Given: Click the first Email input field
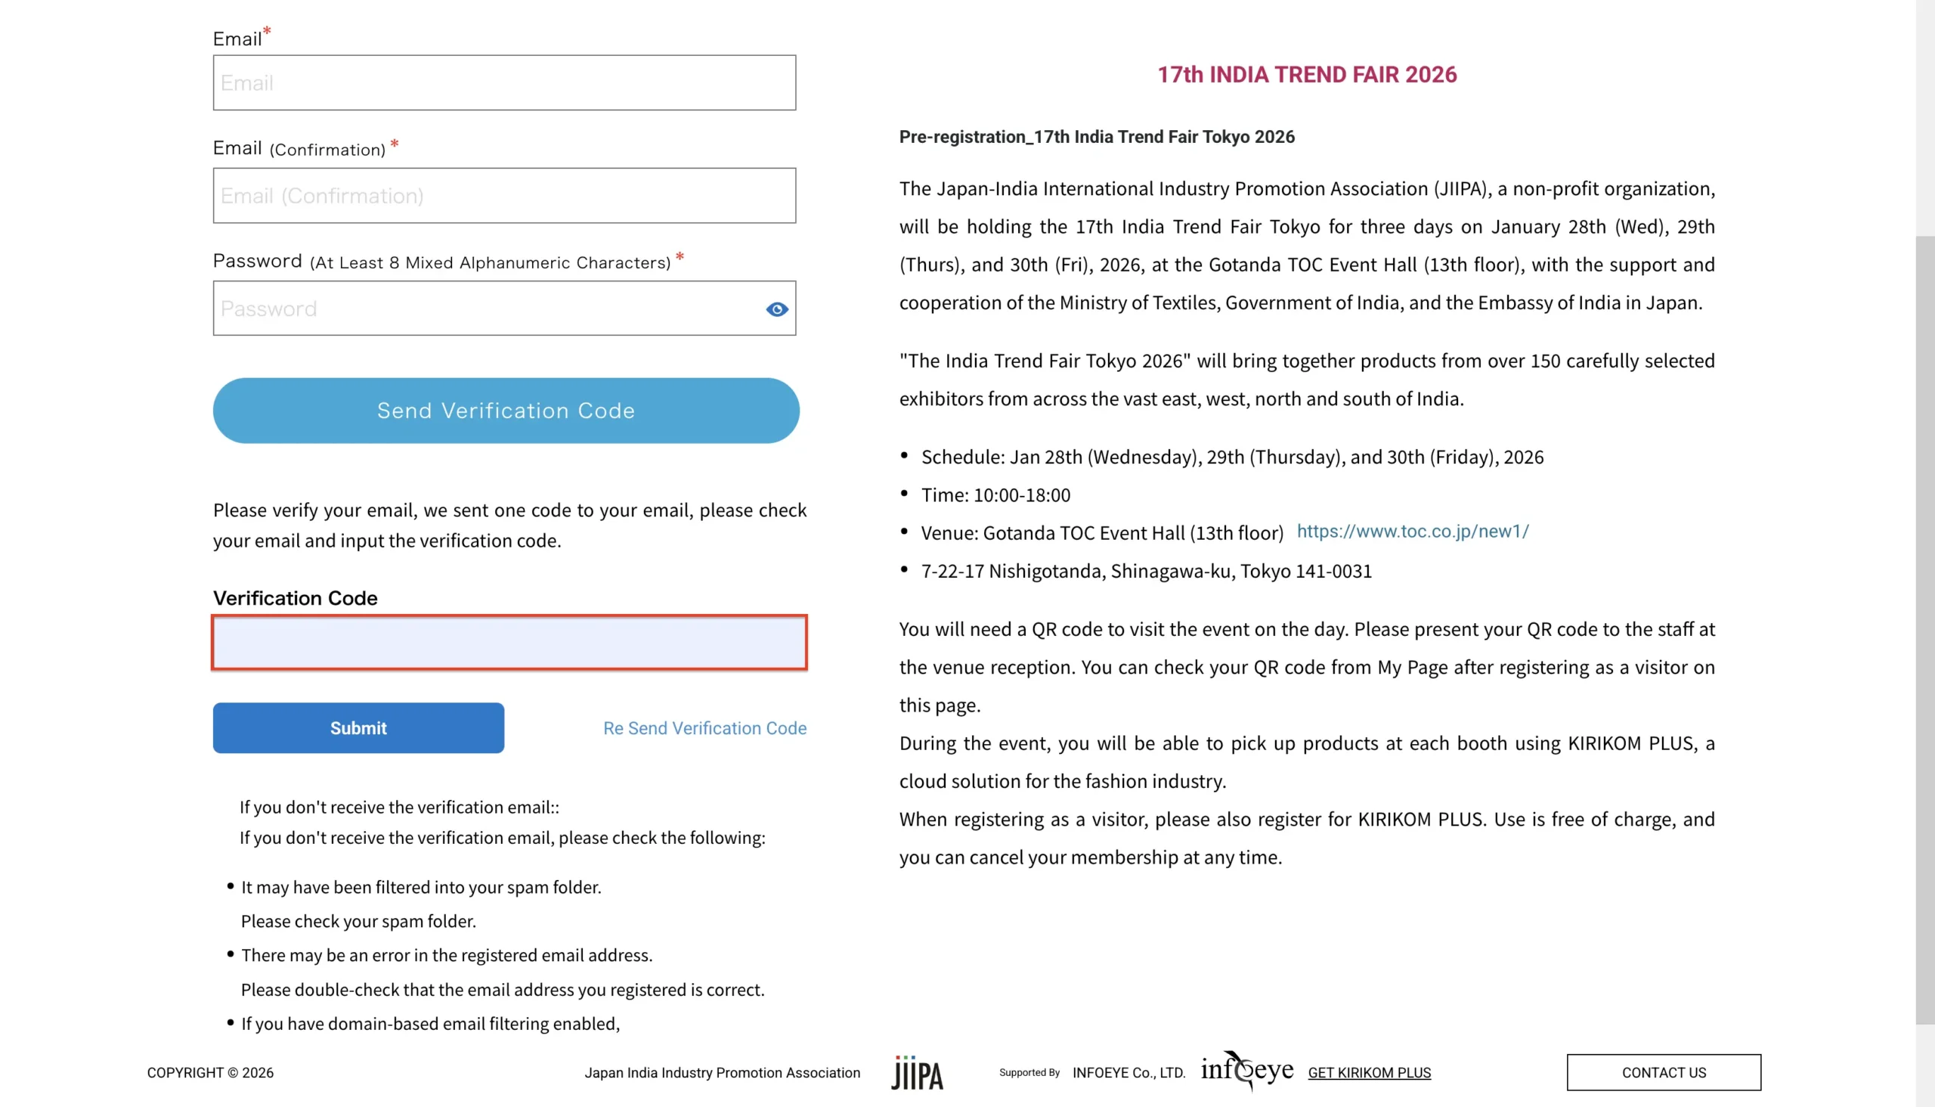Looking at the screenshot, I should (x=504, y=82).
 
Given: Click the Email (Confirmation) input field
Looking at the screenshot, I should (x=504, y=195).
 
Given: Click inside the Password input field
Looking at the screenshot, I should (x=487, y=308).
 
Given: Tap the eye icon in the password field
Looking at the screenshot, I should (x=777, y=309).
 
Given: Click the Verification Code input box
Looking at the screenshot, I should (x=509, y=643).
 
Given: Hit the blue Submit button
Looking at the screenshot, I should (x=358, y=727).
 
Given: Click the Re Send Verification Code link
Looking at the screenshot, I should (x=704, y=727).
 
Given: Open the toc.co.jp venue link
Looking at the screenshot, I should (x=1412, y=531).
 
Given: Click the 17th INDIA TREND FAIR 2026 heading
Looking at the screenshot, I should (x=1306, y=75).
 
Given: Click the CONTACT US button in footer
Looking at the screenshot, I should (x=1663, y=1072).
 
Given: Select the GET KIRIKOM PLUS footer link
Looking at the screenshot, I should (x=1369, y=1072).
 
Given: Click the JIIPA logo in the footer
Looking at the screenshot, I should (x=917, y=1073).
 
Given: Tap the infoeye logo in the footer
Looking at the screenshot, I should (x=1246, y=1070).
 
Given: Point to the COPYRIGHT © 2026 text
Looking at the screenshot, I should (x=210, y=1072).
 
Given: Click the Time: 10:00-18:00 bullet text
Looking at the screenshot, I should (x=995, y=495).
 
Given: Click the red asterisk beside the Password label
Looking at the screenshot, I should (x=680, y=257).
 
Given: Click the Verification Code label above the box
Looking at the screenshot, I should (x=295, y=597).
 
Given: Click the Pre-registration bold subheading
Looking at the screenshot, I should (x=1096, y=137).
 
